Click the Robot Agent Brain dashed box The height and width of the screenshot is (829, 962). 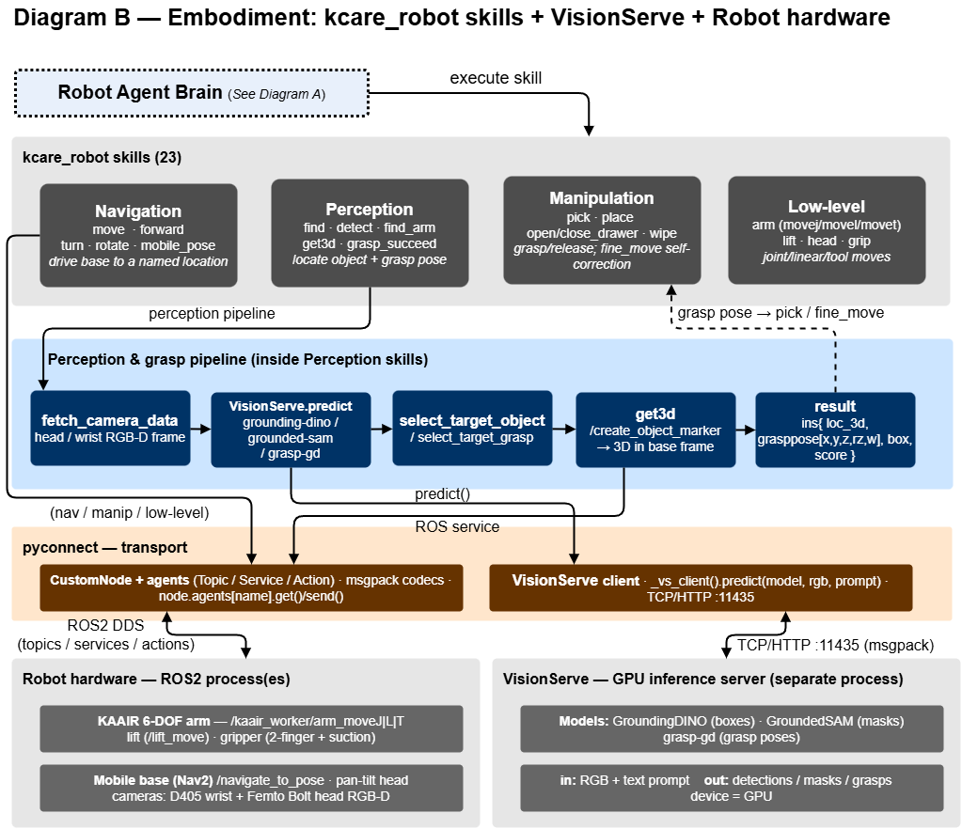[x=192, y=93]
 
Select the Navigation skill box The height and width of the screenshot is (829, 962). [x=138, y=236]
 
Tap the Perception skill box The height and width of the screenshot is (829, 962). [x=370, y=233]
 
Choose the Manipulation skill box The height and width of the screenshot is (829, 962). [x=602, y=230]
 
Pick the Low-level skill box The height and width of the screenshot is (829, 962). [x=827, y=230]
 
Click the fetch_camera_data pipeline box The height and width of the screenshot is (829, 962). [x=110, y=429]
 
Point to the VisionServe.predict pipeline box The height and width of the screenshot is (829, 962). [x=291, y=430]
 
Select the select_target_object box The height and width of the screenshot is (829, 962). [x=472, y=429]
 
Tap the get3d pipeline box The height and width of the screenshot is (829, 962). [x=655, y=430]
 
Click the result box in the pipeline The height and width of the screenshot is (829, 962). [x=835, y=430]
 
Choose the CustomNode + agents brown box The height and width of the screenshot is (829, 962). [x=251, y=588]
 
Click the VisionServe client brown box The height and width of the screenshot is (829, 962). [x=701, y=588]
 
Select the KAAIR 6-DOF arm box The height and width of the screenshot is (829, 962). [x=251, y=729]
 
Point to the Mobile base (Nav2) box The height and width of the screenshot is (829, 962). [x=251, y=788]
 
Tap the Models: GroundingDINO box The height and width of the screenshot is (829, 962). [x=732, y=729]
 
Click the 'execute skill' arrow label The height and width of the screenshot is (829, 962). [x=496, y=79]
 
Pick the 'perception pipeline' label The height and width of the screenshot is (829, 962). [x=212, y=313]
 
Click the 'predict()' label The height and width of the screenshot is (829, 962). [x=442, y=493]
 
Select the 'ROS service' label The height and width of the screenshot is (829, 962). [x=457, y=526]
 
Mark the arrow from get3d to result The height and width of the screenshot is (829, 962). [x=746, y=430]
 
